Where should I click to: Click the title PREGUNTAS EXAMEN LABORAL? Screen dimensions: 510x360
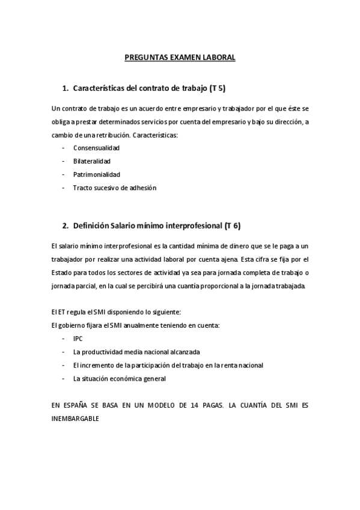point(180,58)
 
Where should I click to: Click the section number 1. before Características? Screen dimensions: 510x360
point(66,89)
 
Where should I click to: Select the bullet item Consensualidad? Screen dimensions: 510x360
point(96,147)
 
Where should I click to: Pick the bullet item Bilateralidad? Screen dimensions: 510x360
point(92,161)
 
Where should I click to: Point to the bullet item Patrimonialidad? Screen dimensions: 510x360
point(97,174)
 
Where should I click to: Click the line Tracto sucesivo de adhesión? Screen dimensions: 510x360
point(115,188)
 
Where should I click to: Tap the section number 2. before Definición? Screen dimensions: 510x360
point(66,226)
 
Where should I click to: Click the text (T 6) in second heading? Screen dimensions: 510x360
point(232,226)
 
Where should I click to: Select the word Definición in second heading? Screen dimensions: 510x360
point(91,226)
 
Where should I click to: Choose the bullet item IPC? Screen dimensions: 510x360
point(78,339)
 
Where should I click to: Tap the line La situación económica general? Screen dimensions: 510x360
point(119,379)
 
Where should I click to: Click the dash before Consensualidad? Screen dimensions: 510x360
point(63,147)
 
